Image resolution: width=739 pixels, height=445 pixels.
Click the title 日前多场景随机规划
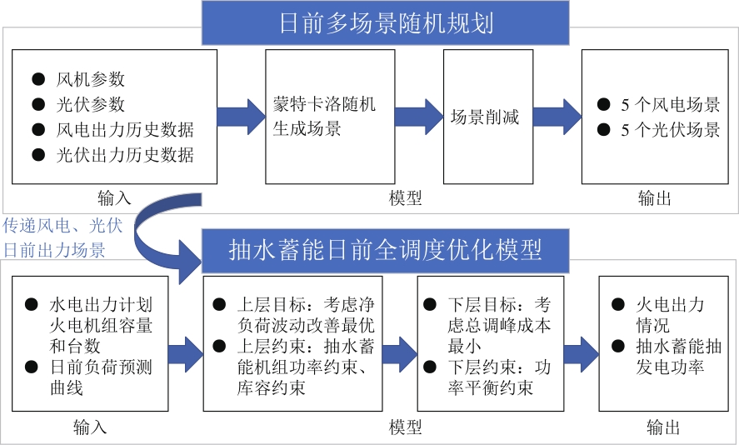pyautogui.click(x=386, y=22)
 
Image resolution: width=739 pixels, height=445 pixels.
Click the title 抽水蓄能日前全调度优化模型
pyautogui.click(x=386, y=250)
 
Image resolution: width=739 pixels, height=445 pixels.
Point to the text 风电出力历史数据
pyautogui.click(x=124, y=130)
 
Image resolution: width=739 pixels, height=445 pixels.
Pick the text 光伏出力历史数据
pyautogui.click(x=124, y=155)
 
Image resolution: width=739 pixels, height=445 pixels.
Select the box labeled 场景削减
pyautogui.click(x=487, y=117)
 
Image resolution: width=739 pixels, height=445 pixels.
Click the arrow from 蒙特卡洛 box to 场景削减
pyautogui.click(x=418, y=117)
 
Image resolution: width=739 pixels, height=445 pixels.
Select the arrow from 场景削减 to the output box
pyautogui.click(x=556, y=117)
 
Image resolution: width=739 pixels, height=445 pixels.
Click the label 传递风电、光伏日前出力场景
pyautogui.click(x=62, y=237)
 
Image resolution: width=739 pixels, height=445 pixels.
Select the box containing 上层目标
pyautogui.click(x=293, y=343)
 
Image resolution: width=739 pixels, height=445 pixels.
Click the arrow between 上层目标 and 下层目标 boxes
pyautogui.click(x=400, y=350)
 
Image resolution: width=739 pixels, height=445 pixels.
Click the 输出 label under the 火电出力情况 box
pyautogui.click(x=663, y=428)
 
